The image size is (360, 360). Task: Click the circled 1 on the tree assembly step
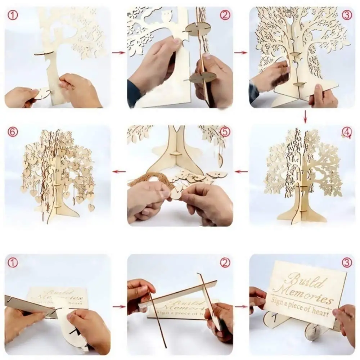(13, 15)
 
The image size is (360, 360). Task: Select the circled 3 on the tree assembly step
(346, 15)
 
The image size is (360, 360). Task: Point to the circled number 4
(346, 133)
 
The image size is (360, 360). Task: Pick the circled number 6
(13, 132)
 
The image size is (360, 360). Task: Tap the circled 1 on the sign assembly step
(13, 263)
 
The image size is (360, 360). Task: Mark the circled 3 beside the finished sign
(346, 262)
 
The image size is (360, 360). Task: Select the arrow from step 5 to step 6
(118, 171)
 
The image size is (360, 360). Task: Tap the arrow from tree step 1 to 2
(118, 53)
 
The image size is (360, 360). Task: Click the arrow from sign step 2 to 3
(241, 307)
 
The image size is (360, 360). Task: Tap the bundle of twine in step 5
(144, 178)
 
